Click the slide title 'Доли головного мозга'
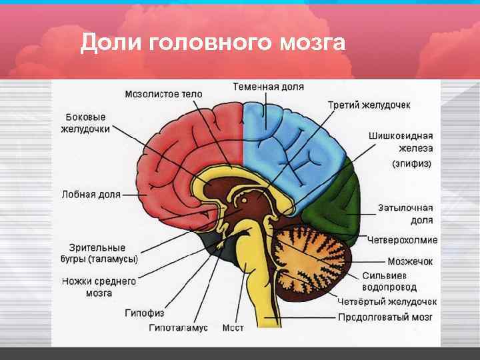pyautogui.click(x=213, y=43)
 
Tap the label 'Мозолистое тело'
pyautogui.click(x=163, y=94)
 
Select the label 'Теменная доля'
pyautogui.click(x=268, y=87)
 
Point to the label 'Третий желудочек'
pyautogui.click(x=369, y=105)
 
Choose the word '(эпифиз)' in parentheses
pyautogui.click(x=411, y=163)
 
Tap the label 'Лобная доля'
pyautogui.click(x=91, y=195)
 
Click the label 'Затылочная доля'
pyautogui.click(x=405, y=213)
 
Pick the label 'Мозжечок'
pyautogui.click(x=410, y=261)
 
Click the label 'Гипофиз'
pyautogui.click(x=144, y=312)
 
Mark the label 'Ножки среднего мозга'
pyautogui.click(x=99, y=287)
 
